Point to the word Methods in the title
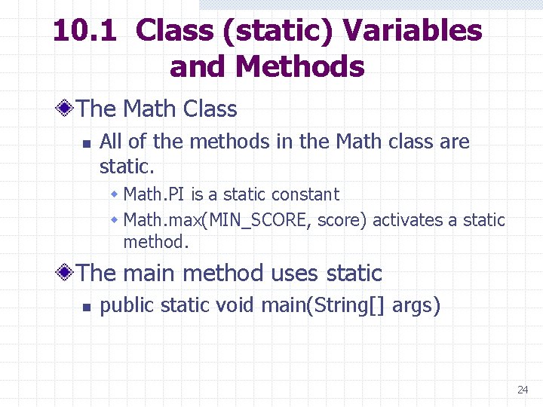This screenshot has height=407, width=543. tap(299, 67)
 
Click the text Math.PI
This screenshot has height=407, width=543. tap(155, 194)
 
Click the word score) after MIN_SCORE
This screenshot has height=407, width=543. tap(342, 220)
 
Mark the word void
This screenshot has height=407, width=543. tap(235, 306)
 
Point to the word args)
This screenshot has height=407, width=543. tap(416, 306)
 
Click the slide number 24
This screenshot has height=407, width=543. tap(523, 390)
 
